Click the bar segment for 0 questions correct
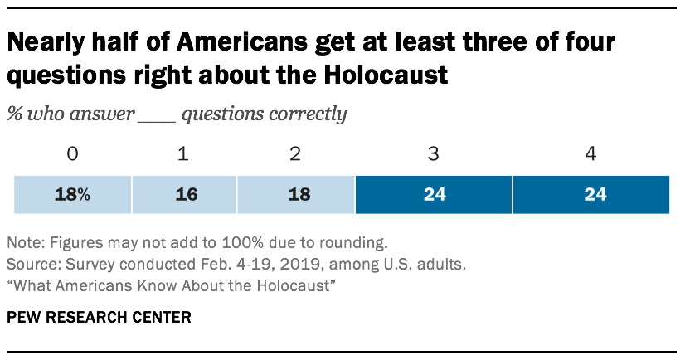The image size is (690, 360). (x=73, y=195)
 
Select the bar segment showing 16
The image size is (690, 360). (x=183, y=195)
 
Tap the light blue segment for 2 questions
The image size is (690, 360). (x=295, y=195)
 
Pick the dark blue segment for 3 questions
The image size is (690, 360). (x=433, y=195)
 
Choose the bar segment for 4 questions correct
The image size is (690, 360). (x=591, y=195)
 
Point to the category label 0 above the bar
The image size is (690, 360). (x=73, y=154)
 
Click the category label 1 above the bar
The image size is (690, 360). (x=183, y=154)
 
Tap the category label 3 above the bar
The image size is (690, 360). (x=433, y=154)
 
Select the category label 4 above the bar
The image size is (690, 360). (x=590, y=154)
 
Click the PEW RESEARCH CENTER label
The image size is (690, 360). (x=91, y=318)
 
